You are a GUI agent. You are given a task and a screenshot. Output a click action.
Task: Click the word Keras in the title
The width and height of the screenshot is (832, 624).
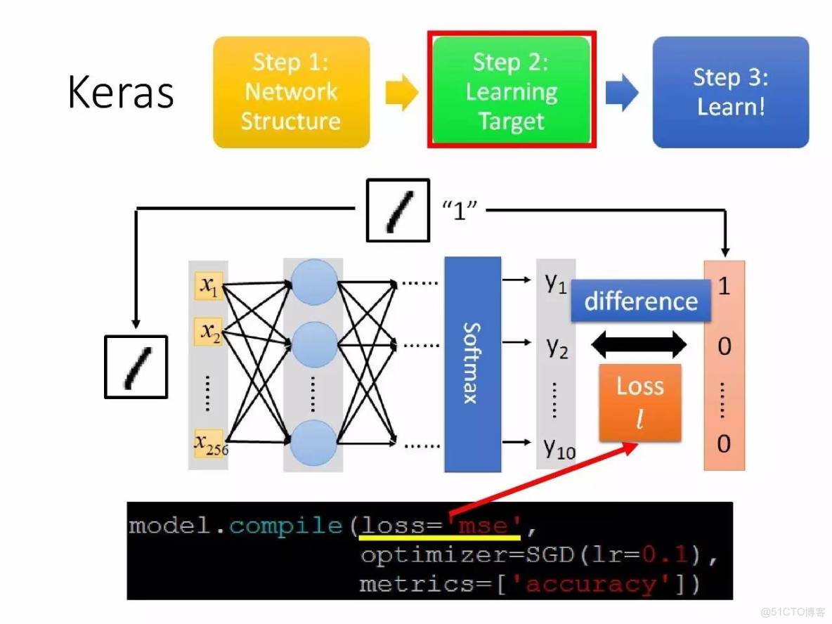click(x=121, y=93)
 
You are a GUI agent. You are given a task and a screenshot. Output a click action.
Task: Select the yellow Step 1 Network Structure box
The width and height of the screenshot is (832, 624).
click(x=291, y=92)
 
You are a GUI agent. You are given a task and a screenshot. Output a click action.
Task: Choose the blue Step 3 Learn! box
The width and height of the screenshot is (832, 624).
click(x=731, y=92)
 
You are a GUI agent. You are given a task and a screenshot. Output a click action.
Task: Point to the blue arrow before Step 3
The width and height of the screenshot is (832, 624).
click(x=621, y=93)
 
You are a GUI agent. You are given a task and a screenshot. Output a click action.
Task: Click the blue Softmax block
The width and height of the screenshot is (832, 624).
click(x=472, y=363)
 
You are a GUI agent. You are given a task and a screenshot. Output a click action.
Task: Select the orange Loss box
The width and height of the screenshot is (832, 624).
click(x=640, y=403)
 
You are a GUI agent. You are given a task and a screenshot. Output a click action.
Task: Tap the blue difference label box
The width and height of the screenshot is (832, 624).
click(x=641, y=301)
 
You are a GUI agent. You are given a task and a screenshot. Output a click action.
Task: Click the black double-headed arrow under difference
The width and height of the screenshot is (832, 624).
click(x=639, y=344)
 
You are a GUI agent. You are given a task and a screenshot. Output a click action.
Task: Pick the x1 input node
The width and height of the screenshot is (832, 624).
click(x=209, y=285)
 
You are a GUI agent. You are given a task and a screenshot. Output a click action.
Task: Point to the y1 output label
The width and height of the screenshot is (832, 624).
click(x=557, y=283)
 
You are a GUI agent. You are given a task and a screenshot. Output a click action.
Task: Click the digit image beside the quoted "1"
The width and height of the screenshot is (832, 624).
click(x=398, y=210)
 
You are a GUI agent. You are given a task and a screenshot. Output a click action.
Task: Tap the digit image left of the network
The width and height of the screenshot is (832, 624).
click(x=136, y=367)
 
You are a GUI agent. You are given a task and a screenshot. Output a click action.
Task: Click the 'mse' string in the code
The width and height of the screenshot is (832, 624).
click(x=486, y=526)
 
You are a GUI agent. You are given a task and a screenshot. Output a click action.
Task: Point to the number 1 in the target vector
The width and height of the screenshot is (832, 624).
click(x=724, y=287)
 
